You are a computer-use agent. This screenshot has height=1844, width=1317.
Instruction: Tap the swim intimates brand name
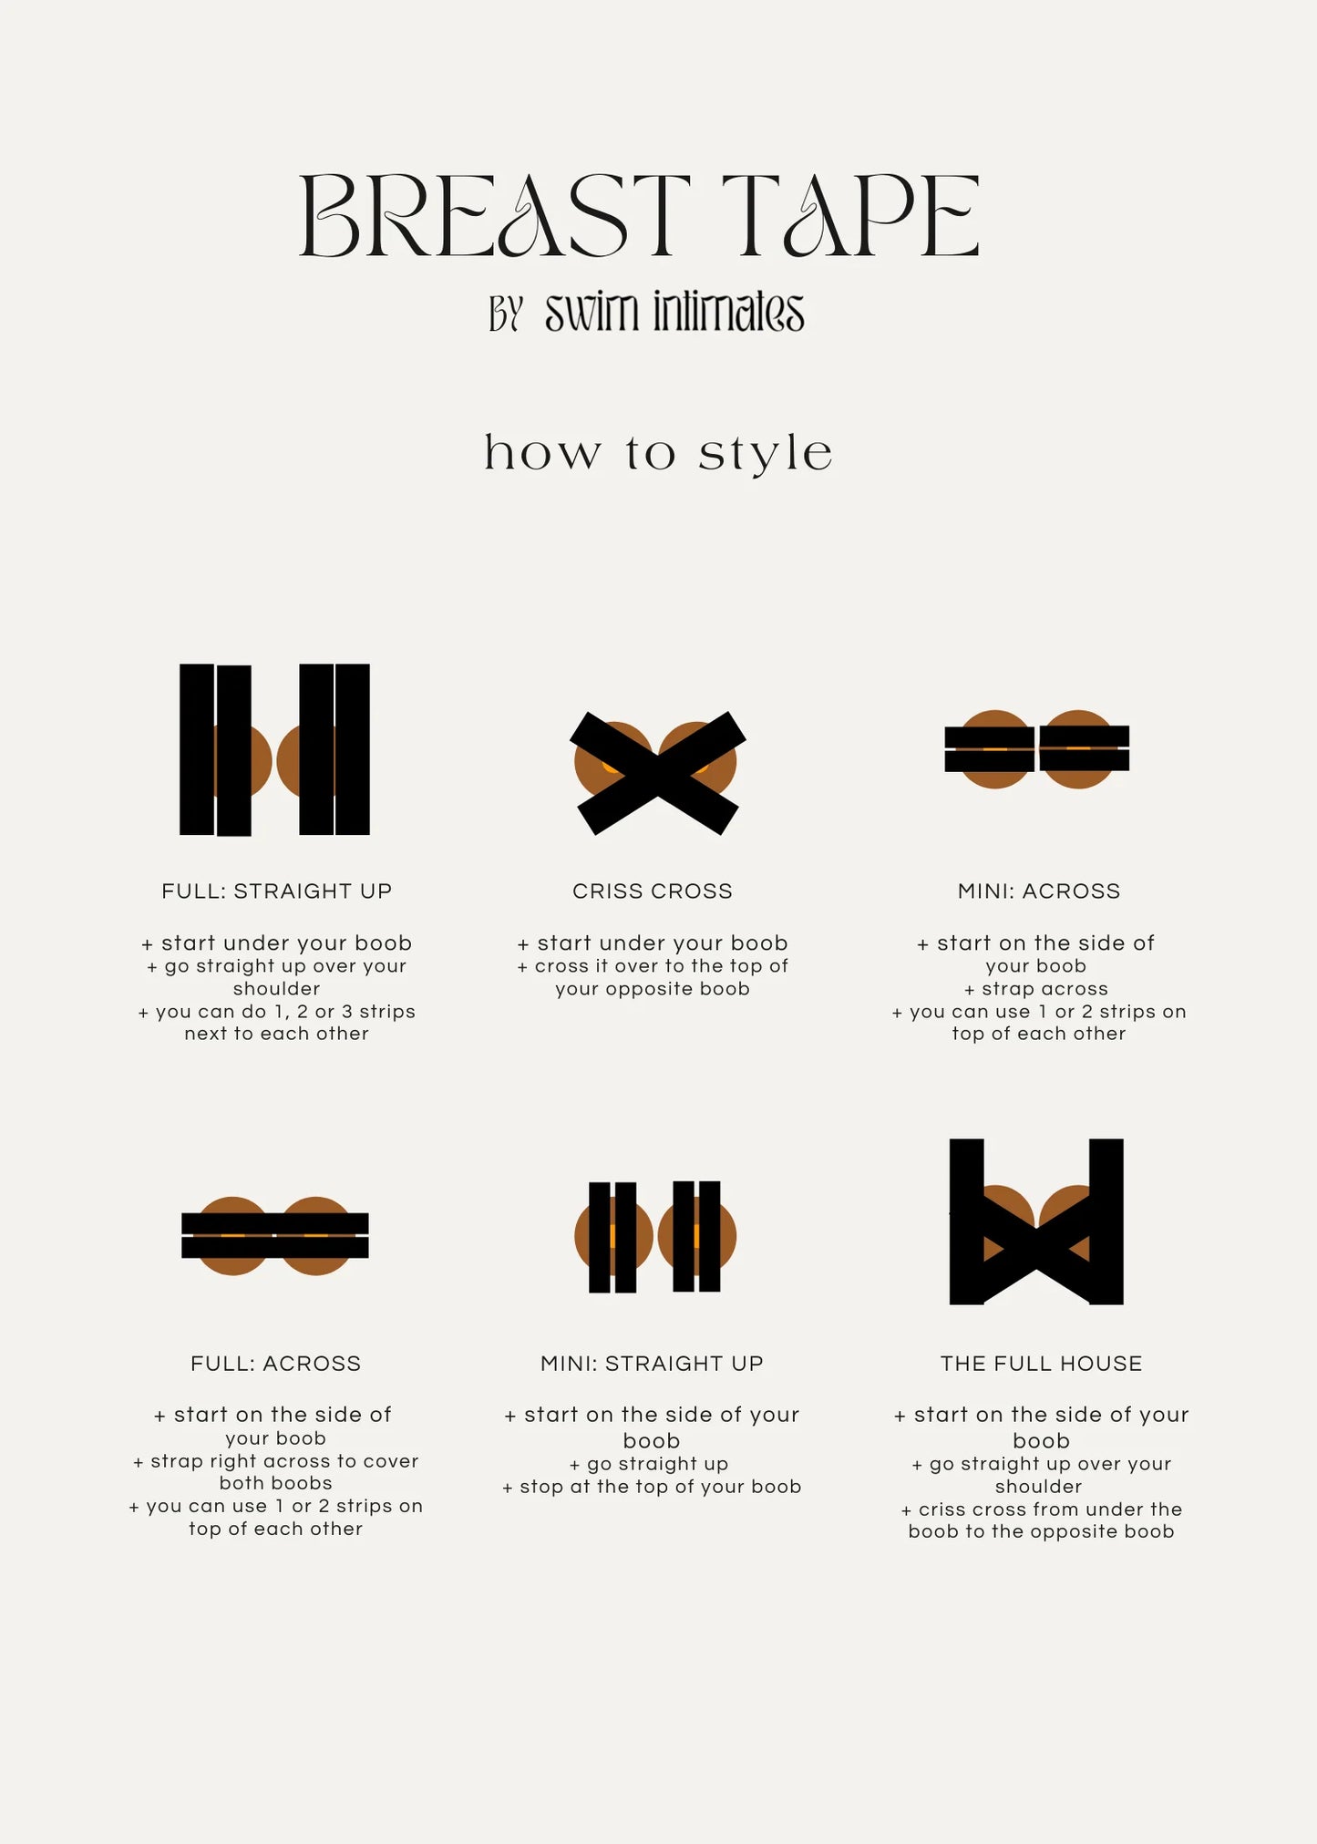[674, 313]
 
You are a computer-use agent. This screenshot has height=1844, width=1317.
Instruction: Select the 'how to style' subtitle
[658, 453]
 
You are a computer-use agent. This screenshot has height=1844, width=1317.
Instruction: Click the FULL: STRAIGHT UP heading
[277, 891]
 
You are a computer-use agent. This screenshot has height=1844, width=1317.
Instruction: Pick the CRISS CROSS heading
[653, 891]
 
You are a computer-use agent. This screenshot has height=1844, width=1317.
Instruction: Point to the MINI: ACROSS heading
[1039, 891]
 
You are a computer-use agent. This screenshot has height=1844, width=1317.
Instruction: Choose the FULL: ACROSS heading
[276, 1363]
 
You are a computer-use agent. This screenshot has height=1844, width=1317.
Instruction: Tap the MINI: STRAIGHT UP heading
[652, 1363]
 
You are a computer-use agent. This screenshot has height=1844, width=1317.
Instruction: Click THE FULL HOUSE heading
[1041, 1363]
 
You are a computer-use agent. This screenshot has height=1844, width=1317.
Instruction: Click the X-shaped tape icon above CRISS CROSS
[657, 773]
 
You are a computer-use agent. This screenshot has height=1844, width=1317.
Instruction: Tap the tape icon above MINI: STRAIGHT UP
[655, 1236]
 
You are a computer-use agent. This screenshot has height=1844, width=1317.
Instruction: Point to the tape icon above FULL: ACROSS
[275, 1235]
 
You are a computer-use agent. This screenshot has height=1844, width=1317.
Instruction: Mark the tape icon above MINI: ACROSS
[1037, 749]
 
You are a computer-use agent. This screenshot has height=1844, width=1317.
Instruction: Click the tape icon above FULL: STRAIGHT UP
[274, 749]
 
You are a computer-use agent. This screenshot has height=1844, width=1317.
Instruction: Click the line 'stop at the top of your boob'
[652, 1487]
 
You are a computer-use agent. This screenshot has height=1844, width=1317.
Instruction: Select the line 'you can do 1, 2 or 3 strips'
[277, 1012]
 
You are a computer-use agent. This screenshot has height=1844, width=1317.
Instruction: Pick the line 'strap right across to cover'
[276, 1461]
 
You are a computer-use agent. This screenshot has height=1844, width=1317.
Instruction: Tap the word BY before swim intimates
[506, 314]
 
